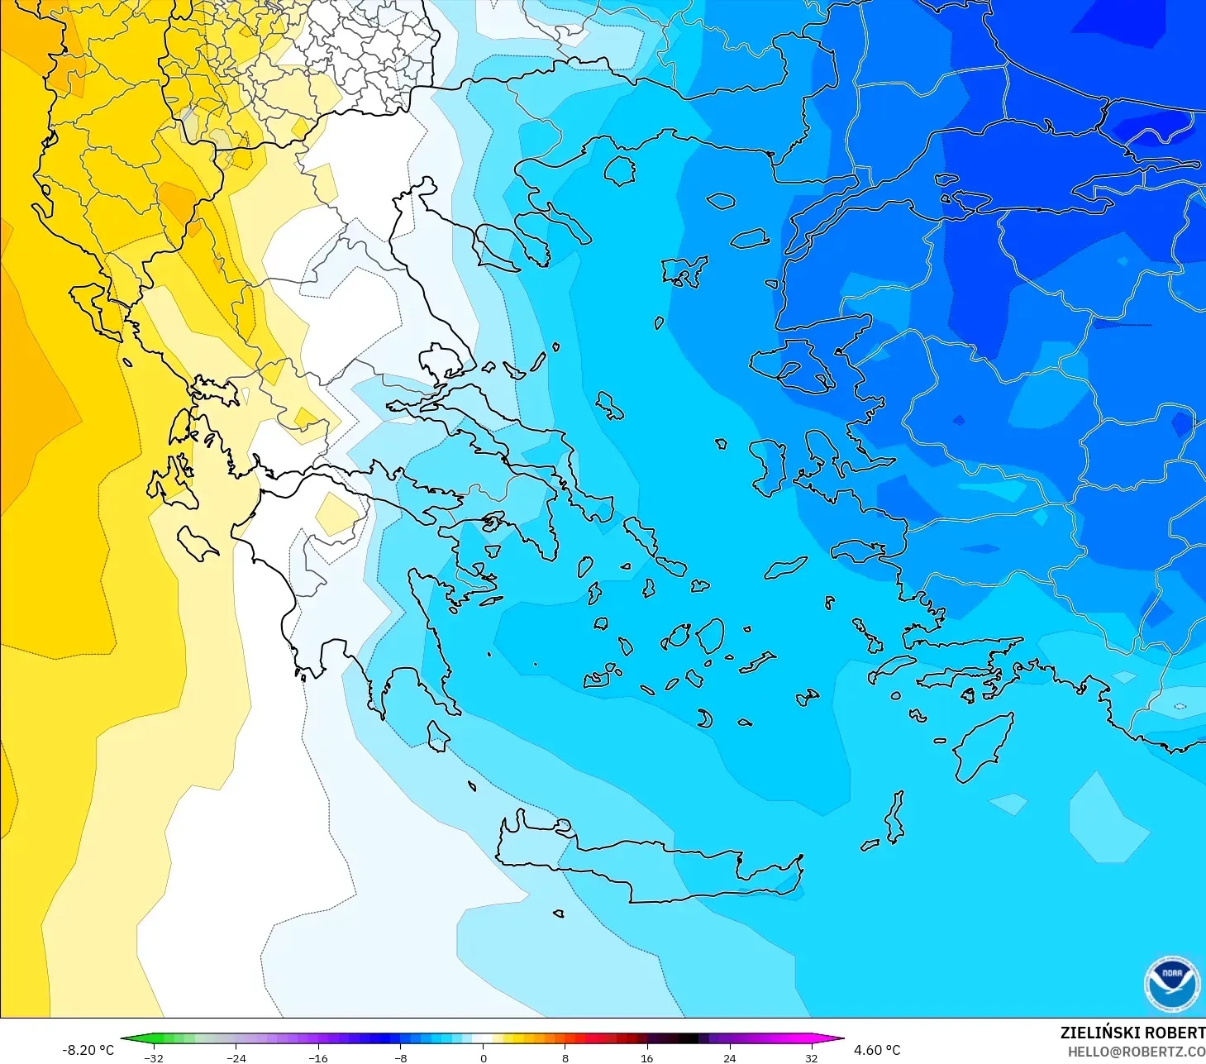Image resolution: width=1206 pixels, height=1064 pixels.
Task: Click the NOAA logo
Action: pos(1172,984)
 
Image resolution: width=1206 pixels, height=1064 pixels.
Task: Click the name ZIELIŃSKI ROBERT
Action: pos(1132,1033)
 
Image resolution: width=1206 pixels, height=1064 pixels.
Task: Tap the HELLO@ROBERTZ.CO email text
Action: pos(1136,1052)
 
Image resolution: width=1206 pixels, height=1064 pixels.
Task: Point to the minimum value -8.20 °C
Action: pos(88,1050)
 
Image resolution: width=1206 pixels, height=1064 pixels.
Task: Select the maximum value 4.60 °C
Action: pos(877,1050)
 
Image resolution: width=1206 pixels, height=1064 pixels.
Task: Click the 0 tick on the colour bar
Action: pos(484,1057)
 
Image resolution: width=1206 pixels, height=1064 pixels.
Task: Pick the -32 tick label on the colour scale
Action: pos(154,1057)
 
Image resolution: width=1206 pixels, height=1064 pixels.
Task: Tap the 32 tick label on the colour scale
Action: pos(811,1057)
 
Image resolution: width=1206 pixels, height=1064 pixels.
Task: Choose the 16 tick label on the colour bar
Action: pos(647,1057)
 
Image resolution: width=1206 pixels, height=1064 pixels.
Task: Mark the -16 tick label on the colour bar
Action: pos(318,1057)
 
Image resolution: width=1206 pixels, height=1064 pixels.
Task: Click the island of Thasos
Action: pos(619,171)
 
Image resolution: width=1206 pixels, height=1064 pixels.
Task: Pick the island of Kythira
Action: pos(437,736)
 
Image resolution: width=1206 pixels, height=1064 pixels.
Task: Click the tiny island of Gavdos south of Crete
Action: pos(559,914)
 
